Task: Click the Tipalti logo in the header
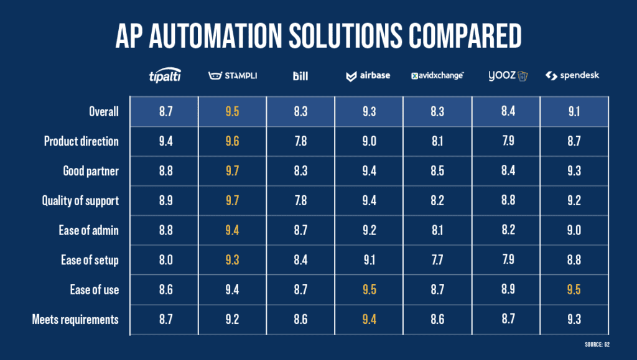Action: pyautogui.click(x=164, y=76)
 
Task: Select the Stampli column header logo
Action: pyautogui.click(x=232, y=76)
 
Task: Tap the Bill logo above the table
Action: pyautogui.click(x=300, y=76)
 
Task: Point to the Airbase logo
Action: pyautogui.click(x=369, y=76)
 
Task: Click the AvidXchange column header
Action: pyautogui.click(x=437, y=76)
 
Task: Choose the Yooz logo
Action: pyautogui.click(x=505, y=76)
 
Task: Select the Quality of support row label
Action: pyautogui.click(x=80, y=200)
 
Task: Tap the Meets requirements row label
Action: pyautogui.click(x=75, y=320)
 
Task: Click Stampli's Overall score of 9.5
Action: pyautogui.click(x=232, y=112)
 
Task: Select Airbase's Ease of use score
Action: pyautogui.click(x=369, y=290)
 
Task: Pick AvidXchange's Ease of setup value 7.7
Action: pyautogui.click(x=437, y=260)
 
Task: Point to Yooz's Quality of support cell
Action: pyautogui.click(x=505, y=200)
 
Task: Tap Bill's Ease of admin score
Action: pyautogui.click(x=300, y=230)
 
